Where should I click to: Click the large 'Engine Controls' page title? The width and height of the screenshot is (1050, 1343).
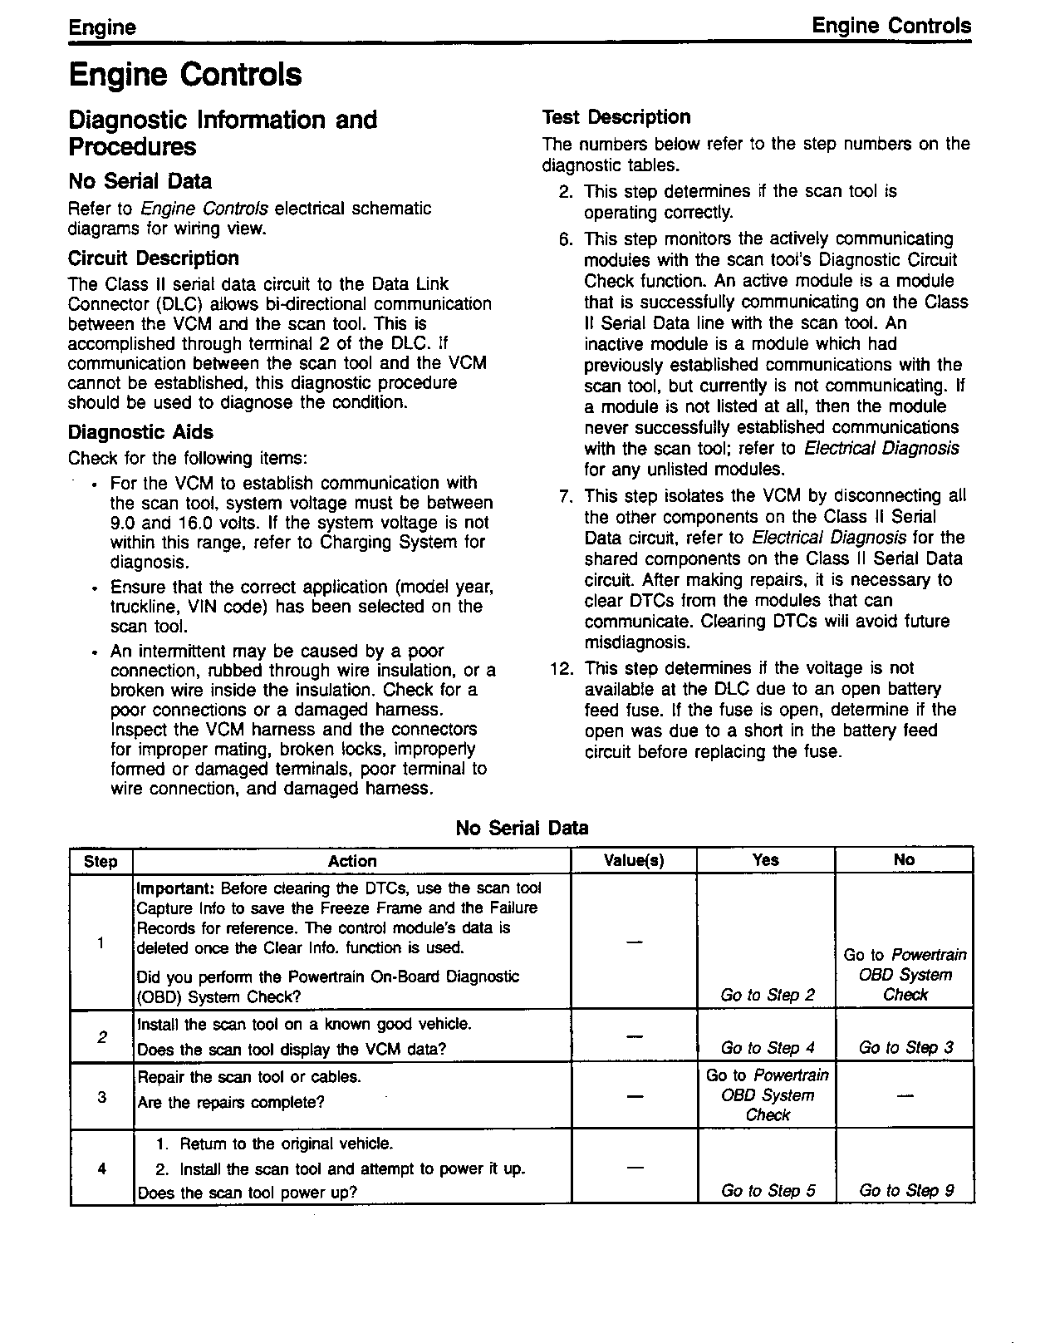(185, 75)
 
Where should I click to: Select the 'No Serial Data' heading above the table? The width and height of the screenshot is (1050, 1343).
(522, 828)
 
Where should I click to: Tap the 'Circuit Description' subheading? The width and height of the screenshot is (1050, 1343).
(154, 258)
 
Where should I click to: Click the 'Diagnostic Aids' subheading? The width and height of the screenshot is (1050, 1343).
(140, 432)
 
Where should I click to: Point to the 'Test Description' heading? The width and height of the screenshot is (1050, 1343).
(616, 117)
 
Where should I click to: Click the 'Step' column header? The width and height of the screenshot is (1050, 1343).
(101, 861)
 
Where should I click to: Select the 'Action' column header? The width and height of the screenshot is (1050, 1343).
(352, 861)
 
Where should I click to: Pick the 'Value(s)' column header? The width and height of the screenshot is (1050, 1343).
(634, 861)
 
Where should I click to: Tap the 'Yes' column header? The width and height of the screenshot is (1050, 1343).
(765, 860)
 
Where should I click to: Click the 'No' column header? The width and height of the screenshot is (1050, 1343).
(904, 860)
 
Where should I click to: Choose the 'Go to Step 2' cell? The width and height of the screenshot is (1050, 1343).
(768, 995)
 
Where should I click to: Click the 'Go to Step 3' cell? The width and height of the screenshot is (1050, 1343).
(905, 1048)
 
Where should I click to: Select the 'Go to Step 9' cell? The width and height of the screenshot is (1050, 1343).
(905, 1191)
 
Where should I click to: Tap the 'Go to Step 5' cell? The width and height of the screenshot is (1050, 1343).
(768, 1191)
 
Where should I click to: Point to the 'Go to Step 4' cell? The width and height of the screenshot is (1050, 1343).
(768, 1048)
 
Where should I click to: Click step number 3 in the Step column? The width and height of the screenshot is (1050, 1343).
(101, 1097)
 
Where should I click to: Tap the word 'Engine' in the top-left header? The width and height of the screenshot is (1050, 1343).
(102, 27)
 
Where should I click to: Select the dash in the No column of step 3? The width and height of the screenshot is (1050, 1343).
(905, 1097)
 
